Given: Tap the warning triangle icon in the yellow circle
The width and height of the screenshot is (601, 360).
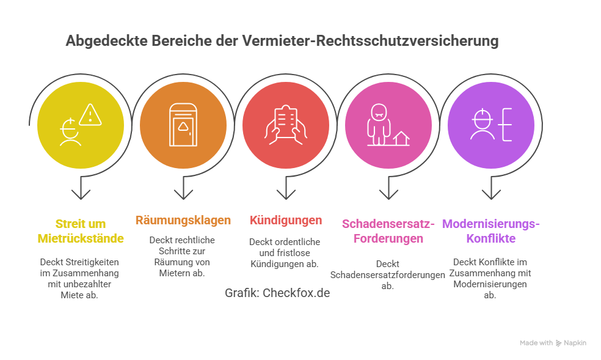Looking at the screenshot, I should tap(90, 114).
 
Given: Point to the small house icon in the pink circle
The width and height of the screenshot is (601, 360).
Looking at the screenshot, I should tap(401, 138).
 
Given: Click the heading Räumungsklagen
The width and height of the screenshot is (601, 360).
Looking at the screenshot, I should tap(183, 220).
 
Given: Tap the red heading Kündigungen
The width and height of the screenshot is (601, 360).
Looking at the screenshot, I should tap(285, 220).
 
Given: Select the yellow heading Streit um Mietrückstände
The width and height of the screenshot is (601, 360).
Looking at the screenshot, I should tap(80, 230).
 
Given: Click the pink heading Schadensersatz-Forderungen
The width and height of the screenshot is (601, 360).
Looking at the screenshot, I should tap(388, 230).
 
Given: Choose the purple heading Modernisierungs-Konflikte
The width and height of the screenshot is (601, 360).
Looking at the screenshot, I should tap(490, 230).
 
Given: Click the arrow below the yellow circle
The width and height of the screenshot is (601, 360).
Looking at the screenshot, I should tap(80, 192).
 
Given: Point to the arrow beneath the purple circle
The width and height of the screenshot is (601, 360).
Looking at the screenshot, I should tap(490, 192).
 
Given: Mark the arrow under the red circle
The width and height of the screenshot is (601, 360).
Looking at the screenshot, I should tap(285, 192).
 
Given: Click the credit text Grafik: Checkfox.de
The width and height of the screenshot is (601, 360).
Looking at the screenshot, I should tap(277, 293).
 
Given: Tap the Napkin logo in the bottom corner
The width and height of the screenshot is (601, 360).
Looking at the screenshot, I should tap(559, 343).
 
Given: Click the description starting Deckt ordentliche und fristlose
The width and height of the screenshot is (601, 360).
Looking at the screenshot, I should tap(285, 252).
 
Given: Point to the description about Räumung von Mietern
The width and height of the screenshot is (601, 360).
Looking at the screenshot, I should tap(183, 257).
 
